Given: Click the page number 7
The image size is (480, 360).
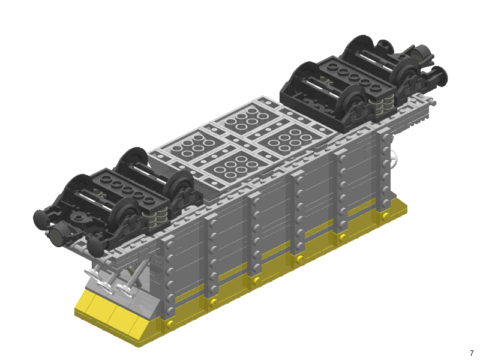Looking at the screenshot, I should pos(472,353).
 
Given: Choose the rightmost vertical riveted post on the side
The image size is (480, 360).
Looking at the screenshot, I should pos(383,174).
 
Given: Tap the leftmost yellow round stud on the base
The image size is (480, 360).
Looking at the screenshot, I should pos(170,324).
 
